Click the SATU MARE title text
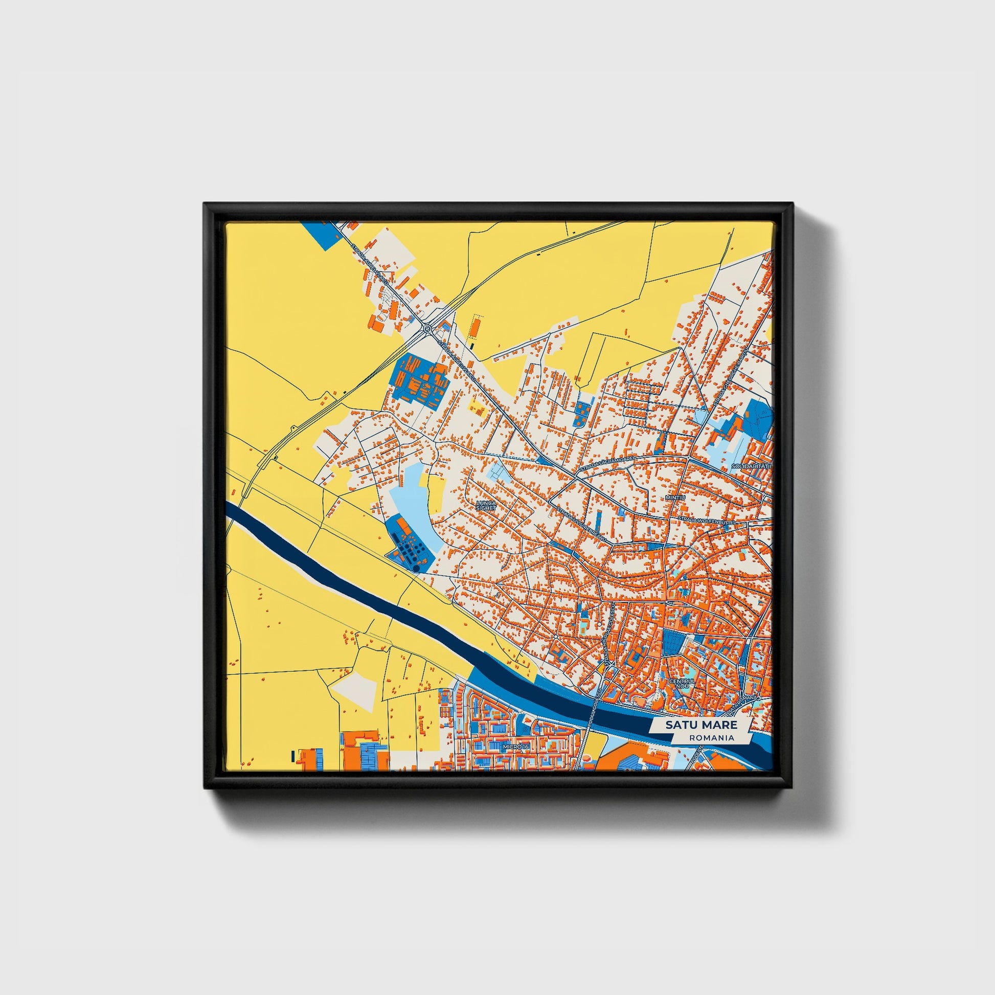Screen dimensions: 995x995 point(700,725)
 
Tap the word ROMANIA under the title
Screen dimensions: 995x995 point(713,737)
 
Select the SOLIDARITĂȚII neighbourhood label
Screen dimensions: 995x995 point(752,466)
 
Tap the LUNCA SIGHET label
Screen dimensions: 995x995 point(486,505)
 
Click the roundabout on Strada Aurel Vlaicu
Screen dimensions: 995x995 point(428,328)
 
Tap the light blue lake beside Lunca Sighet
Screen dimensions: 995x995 point(412,497)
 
